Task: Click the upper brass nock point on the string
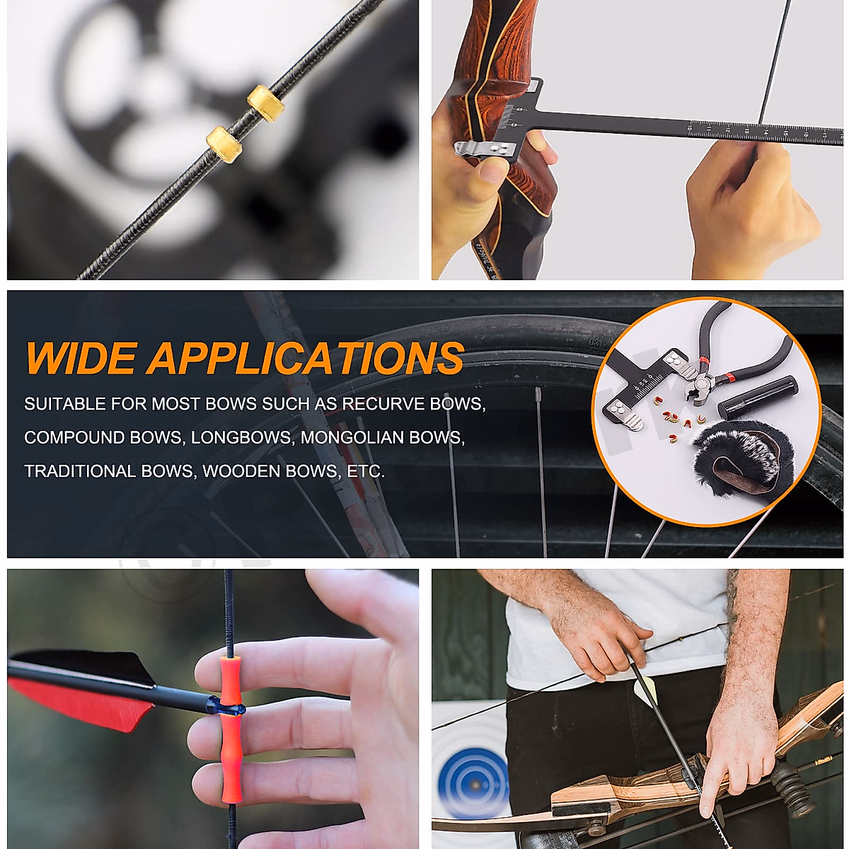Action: [x=266, y=103]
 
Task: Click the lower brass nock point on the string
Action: [x=224, y=144]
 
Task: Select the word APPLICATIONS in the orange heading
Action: [x=305, y=358]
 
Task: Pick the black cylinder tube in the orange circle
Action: [x=757, y=398]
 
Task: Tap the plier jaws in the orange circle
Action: [x=697, y=386]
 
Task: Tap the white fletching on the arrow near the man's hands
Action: [x=647, y=690]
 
